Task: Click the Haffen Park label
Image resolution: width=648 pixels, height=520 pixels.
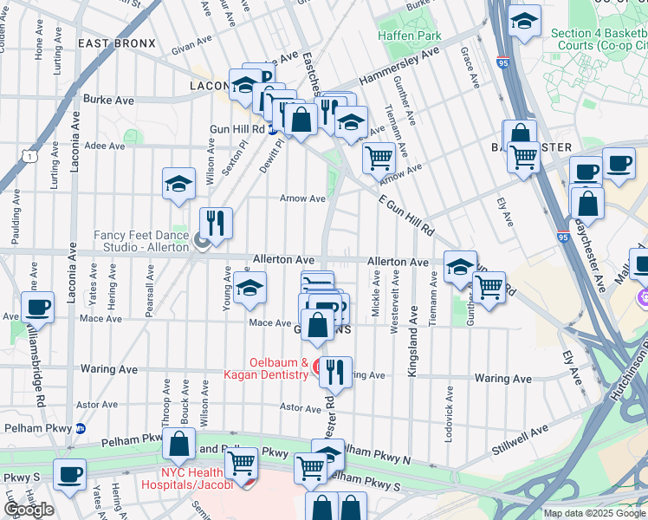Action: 410,36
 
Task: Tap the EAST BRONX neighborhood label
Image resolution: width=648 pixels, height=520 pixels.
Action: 117,43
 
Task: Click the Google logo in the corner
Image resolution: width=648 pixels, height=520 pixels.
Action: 29,509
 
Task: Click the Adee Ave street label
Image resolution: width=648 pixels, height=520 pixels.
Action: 103,146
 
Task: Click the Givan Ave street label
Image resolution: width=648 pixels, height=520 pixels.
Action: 191,45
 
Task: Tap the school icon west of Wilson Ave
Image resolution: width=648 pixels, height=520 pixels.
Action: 178,184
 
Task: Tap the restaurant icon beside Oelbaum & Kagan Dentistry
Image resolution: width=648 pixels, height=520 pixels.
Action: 335,371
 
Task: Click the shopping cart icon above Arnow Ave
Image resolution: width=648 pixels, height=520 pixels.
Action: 378,159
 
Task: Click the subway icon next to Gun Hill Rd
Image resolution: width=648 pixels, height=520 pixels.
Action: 272,129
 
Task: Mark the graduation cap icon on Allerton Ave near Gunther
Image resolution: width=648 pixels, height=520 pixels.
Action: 460,265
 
